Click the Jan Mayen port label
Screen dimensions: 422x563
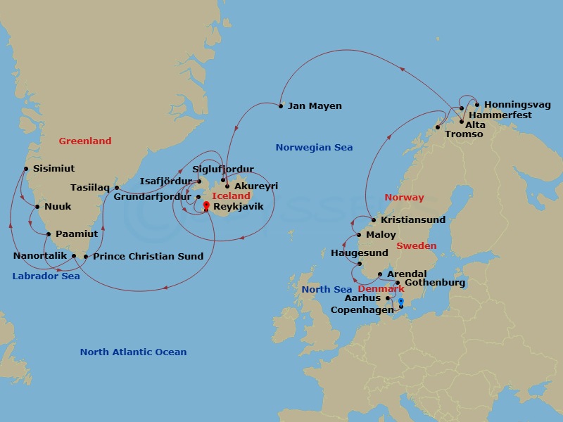coord(315,106)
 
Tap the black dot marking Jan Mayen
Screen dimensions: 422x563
coord(281,106)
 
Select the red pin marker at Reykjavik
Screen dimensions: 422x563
coord(205,206)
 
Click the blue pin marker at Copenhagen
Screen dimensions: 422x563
coord(400,302)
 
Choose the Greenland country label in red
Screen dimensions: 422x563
coord(84,141)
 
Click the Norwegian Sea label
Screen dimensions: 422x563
coord(314,148)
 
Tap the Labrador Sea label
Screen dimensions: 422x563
coord(46,276)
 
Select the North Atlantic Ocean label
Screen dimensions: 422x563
coord(133,352)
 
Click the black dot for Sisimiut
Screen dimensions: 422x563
coord(26,169)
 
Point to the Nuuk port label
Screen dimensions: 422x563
coord(58,207)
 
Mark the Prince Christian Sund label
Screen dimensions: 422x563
coord(148,257)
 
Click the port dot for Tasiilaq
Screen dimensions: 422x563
coord(117,188)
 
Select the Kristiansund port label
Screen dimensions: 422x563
coord(412,220)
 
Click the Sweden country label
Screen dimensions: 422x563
coord(416,246)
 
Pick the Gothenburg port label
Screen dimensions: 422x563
coord(434,283)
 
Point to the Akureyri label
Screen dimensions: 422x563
coord(255,186)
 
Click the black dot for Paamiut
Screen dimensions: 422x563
coord(49,234)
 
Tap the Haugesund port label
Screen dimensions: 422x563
coord(359,252)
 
